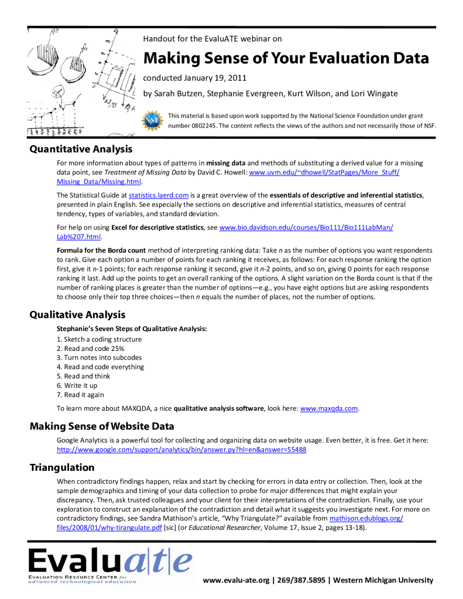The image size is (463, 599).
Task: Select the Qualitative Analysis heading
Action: tap(77, 315)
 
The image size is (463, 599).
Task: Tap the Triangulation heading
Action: tap(62, 467)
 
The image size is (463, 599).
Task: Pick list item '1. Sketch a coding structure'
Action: tap(99, 339)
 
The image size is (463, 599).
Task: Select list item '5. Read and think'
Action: tap(83, 376)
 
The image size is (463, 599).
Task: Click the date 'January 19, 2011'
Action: tap(212, 78)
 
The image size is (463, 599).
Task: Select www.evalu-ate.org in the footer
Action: tap(237, 580)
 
